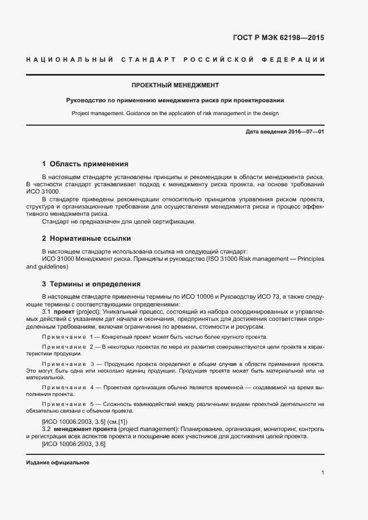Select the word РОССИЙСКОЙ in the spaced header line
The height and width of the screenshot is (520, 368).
pos(213,59)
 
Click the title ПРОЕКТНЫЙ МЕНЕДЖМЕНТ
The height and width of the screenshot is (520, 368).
pos(175,86)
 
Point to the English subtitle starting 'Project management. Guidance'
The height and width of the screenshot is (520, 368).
pos(175,113)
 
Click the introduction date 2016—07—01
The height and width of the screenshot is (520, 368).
pos(306,132)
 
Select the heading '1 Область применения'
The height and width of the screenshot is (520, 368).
pos(85,164)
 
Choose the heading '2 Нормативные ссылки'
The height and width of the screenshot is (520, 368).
pos(86,238)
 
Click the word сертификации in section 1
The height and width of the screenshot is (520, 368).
pos(175,222)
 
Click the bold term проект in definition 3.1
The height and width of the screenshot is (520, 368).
pos(63,313)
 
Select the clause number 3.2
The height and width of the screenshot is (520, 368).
pos(47,430)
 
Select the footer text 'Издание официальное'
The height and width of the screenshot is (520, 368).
pos(58,463)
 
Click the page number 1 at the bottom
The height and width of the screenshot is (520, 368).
pos(322,473)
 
